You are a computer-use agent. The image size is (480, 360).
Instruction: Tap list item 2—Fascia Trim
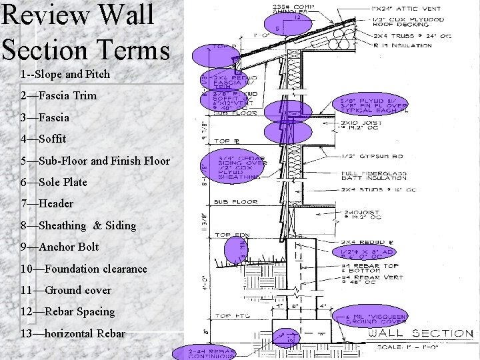click(59, 95)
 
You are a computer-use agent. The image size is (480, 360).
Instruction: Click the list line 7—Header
click(47, 203)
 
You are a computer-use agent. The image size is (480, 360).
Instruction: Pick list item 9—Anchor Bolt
click(59, 247)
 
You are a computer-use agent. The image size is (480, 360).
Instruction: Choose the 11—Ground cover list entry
click(66, 290)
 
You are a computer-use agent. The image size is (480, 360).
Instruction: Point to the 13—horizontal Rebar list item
click(73, 333)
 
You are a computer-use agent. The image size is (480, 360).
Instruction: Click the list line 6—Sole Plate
click(54, 182)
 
